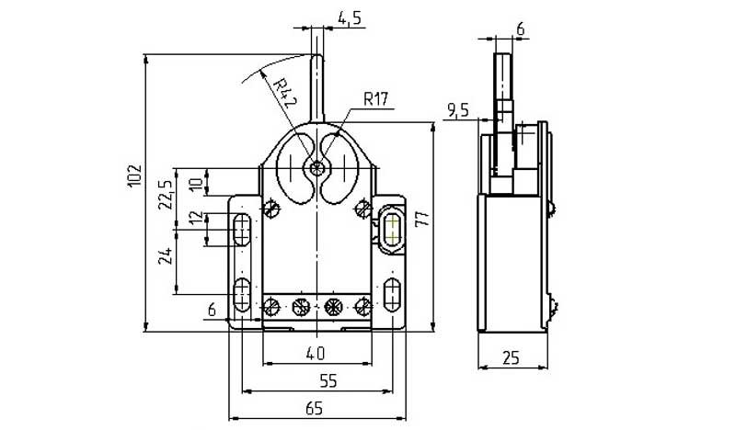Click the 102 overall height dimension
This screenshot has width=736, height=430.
tap(134, 175)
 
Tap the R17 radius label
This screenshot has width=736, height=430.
tap(376, 99)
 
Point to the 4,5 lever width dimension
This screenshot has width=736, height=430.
tap(350, 18)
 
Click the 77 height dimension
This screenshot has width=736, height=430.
tap(421, 218)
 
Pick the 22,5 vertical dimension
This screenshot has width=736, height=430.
tap(166, 194)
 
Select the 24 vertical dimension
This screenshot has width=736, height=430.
tap(166, 256)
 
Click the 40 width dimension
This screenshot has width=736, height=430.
tap(315, 353)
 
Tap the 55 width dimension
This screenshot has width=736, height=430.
tap(328, 380)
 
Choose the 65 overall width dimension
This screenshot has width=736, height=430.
tap(315, 409)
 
